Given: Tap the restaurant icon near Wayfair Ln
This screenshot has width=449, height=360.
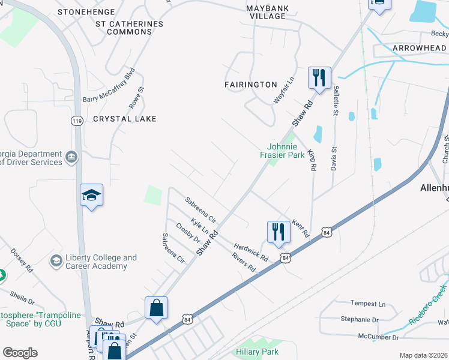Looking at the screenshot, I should coord(318,77).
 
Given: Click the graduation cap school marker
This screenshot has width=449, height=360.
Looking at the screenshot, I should coord(91,195).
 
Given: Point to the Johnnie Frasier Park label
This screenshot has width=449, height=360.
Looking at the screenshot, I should coord(286,151).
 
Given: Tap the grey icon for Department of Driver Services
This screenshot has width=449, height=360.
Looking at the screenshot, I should coord(71,157).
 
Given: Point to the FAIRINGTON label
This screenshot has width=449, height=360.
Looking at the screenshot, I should coord(250,85).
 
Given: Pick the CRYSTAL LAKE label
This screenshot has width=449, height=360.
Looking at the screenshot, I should coord(125,119).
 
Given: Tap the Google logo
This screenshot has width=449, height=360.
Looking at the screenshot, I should coord(20,353).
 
